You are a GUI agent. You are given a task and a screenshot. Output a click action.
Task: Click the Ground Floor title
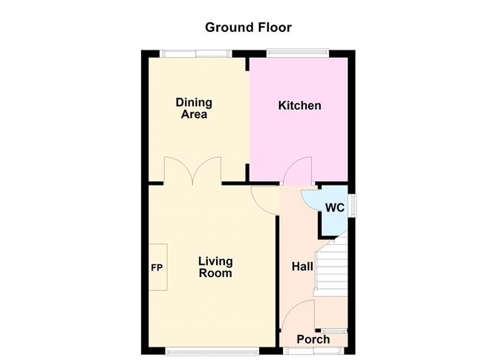[x=248, y=27]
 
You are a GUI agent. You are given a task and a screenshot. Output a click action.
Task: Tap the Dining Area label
[x=193, y=108]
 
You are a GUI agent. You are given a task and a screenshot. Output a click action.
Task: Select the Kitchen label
[x=299, y=105]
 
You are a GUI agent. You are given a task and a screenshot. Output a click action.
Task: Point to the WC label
[x=334, y=209]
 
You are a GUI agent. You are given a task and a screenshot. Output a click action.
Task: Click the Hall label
[x=302, y=266]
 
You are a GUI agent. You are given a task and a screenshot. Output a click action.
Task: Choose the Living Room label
[x=215, y=267]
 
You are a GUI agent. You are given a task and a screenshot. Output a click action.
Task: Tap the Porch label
[x=313, y=340]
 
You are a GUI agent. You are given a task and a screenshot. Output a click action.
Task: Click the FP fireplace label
[x=157, y=268]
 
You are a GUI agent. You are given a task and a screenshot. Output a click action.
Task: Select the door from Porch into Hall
[x=298, y=315]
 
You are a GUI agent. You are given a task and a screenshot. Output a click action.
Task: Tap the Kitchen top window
[x=296, y=53]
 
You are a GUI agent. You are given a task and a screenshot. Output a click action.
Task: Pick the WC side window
[x=353, y=204]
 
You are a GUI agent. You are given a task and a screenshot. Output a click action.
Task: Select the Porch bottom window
[x=312, y=350]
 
